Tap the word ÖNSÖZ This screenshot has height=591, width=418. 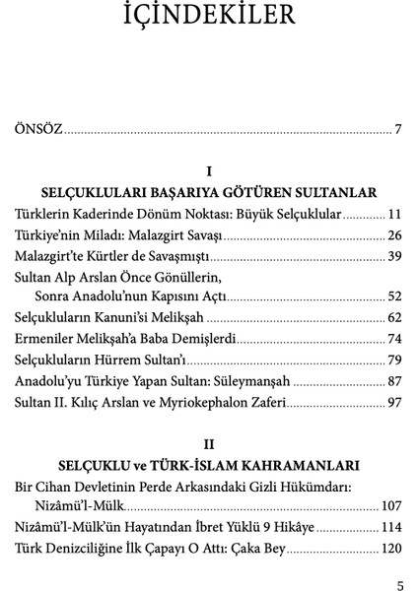38,130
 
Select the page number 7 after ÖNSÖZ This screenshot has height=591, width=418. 397,130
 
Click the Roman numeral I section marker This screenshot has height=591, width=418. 208,169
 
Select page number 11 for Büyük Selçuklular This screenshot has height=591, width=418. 394,214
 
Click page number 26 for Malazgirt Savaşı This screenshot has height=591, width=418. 394,235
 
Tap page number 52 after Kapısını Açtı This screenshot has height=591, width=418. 394,296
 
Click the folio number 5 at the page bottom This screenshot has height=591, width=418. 399,583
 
